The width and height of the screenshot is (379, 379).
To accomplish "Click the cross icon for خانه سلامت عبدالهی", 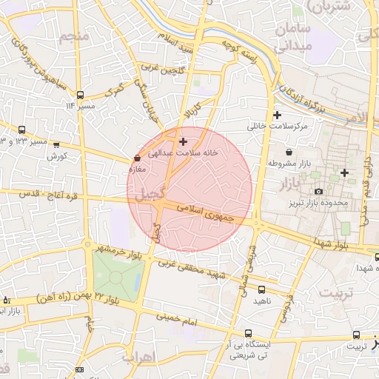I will click(183, 141).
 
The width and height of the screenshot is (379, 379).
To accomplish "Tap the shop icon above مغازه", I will click(137, 158).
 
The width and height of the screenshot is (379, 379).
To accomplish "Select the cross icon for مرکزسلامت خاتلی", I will click(277, 115).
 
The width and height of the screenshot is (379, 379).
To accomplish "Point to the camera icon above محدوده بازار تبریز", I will click(318, 191).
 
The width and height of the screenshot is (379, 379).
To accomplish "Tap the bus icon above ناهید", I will click(261, 289).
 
